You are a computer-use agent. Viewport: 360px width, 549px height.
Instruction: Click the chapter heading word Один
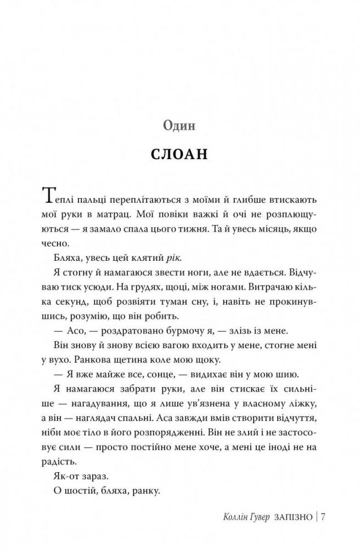coord(179,126)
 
